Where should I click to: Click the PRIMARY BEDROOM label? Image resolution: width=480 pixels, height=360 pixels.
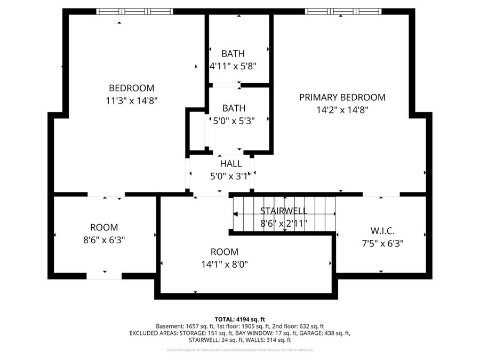[342, 97]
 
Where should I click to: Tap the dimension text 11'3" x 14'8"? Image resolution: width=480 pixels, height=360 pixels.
[131, 100]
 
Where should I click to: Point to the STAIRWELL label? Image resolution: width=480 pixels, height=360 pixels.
[284, 211]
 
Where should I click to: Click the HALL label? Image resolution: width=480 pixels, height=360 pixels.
[230, 164]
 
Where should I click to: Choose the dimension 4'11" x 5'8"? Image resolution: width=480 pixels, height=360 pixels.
[233, 66]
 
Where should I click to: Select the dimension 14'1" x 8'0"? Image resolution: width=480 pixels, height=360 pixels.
[224, 263]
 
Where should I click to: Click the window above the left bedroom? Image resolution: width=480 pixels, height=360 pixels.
[135, 11]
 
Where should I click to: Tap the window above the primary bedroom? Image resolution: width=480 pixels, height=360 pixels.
[343, 11]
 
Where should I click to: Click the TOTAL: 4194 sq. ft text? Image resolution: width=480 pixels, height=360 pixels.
[239, 318]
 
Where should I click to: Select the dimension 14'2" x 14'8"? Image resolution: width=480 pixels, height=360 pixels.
[342, 109]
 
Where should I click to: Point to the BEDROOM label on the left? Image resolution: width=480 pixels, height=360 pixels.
[131, 88]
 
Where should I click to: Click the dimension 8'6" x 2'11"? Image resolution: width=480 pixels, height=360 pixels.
[284, 223]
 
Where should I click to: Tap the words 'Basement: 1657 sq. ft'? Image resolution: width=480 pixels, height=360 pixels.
[178, 326]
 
